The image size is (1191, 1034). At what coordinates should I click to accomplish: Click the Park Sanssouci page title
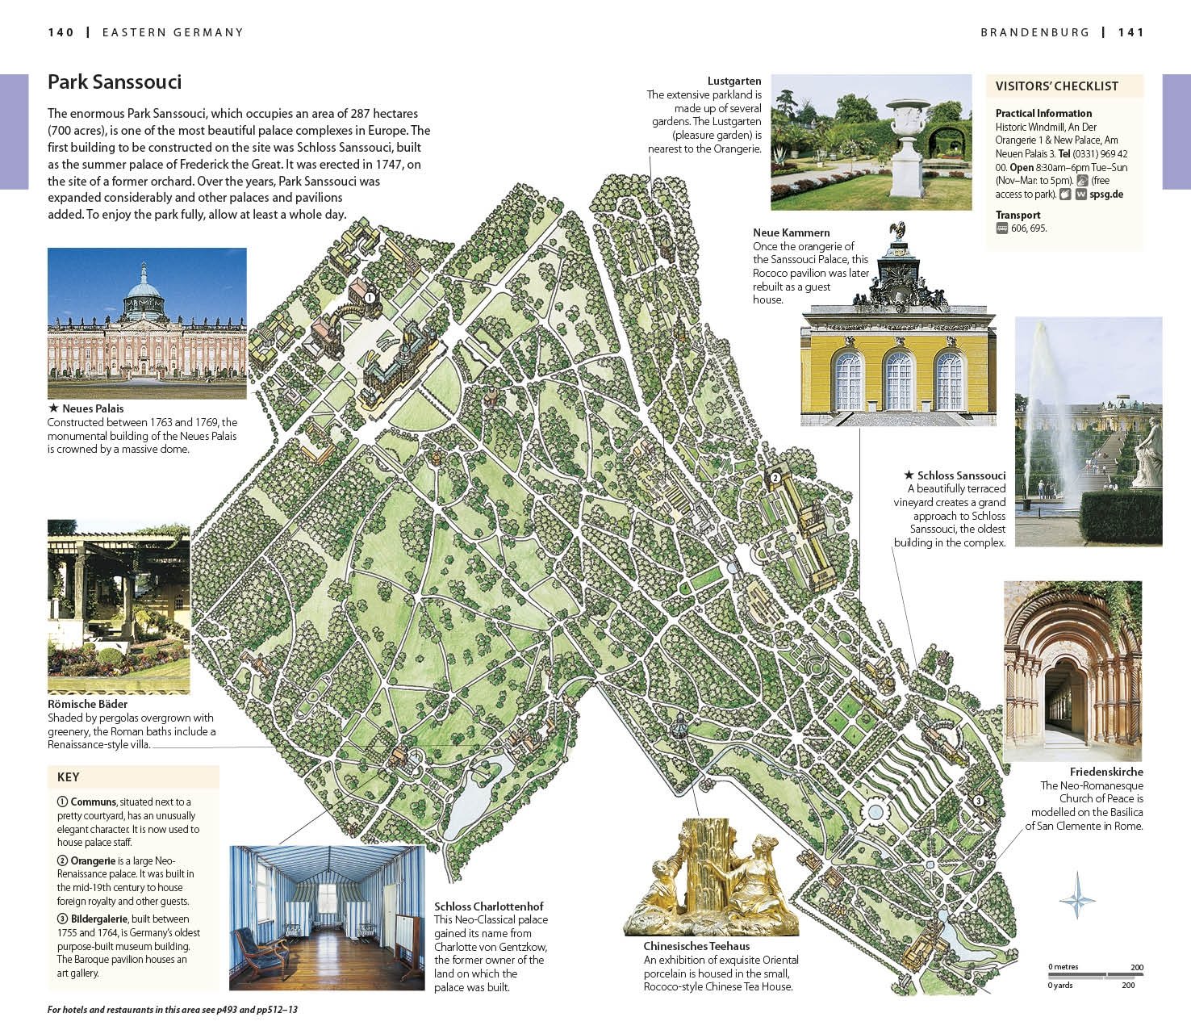point(115,82)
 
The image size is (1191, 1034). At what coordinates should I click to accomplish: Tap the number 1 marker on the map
point(370,297)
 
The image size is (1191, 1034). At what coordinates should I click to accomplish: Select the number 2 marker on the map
point(775,477)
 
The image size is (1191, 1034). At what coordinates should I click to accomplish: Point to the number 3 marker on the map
point(978,801)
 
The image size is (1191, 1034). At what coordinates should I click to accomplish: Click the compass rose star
point(1077,895)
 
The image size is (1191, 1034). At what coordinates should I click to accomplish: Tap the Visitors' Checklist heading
point(1056,86)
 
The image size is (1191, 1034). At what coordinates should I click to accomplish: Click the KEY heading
point(69,777)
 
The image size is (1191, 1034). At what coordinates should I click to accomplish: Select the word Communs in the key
point(93,802)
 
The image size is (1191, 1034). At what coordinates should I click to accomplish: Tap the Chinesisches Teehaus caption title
point(696,946)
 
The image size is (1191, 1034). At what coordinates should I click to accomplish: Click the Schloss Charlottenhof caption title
point(488,906)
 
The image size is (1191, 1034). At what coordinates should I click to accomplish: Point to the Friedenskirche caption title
point(1106,772)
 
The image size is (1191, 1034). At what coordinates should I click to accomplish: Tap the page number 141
point(1131,32)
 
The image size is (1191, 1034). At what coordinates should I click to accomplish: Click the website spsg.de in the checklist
point(1106,195)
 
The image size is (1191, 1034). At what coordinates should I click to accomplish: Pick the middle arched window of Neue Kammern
point(898,381)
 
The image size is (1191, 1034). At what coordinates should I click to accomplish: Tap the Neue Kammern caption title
point(791,232)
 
